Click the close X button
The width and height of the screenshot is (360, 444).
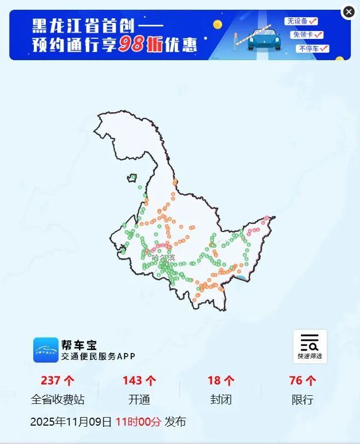pos(349,12)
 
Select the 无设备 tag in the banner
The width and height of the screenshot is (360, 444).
pos(302,21)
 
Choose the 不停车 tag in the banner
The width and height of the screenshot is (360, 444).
pos(312,49)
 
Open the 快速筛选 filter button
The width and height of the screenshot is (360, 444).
pos(310,346)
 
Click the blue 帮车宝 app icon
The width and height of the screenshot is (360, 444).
pos(46,349)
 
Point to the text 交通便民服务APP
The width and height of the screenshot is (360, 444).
pos(98,356)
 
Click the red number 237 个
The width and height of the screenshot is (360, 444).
pos(58,380)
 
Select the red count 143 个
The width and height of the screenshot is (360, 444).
pos(139,380)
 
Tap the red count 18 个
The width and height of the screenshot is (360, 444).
pos(221,380)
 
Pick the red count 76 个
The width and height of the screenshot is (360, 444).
pos(302,380)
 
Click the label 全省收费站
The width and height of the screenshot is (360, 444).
pos(58,400)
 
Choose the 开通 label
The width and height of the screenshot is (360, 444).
pos(139,400)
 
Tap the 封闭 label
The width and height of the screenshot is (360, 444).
pos(221,400)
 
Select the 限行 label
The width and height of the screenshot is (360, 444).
pos(302,400)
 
